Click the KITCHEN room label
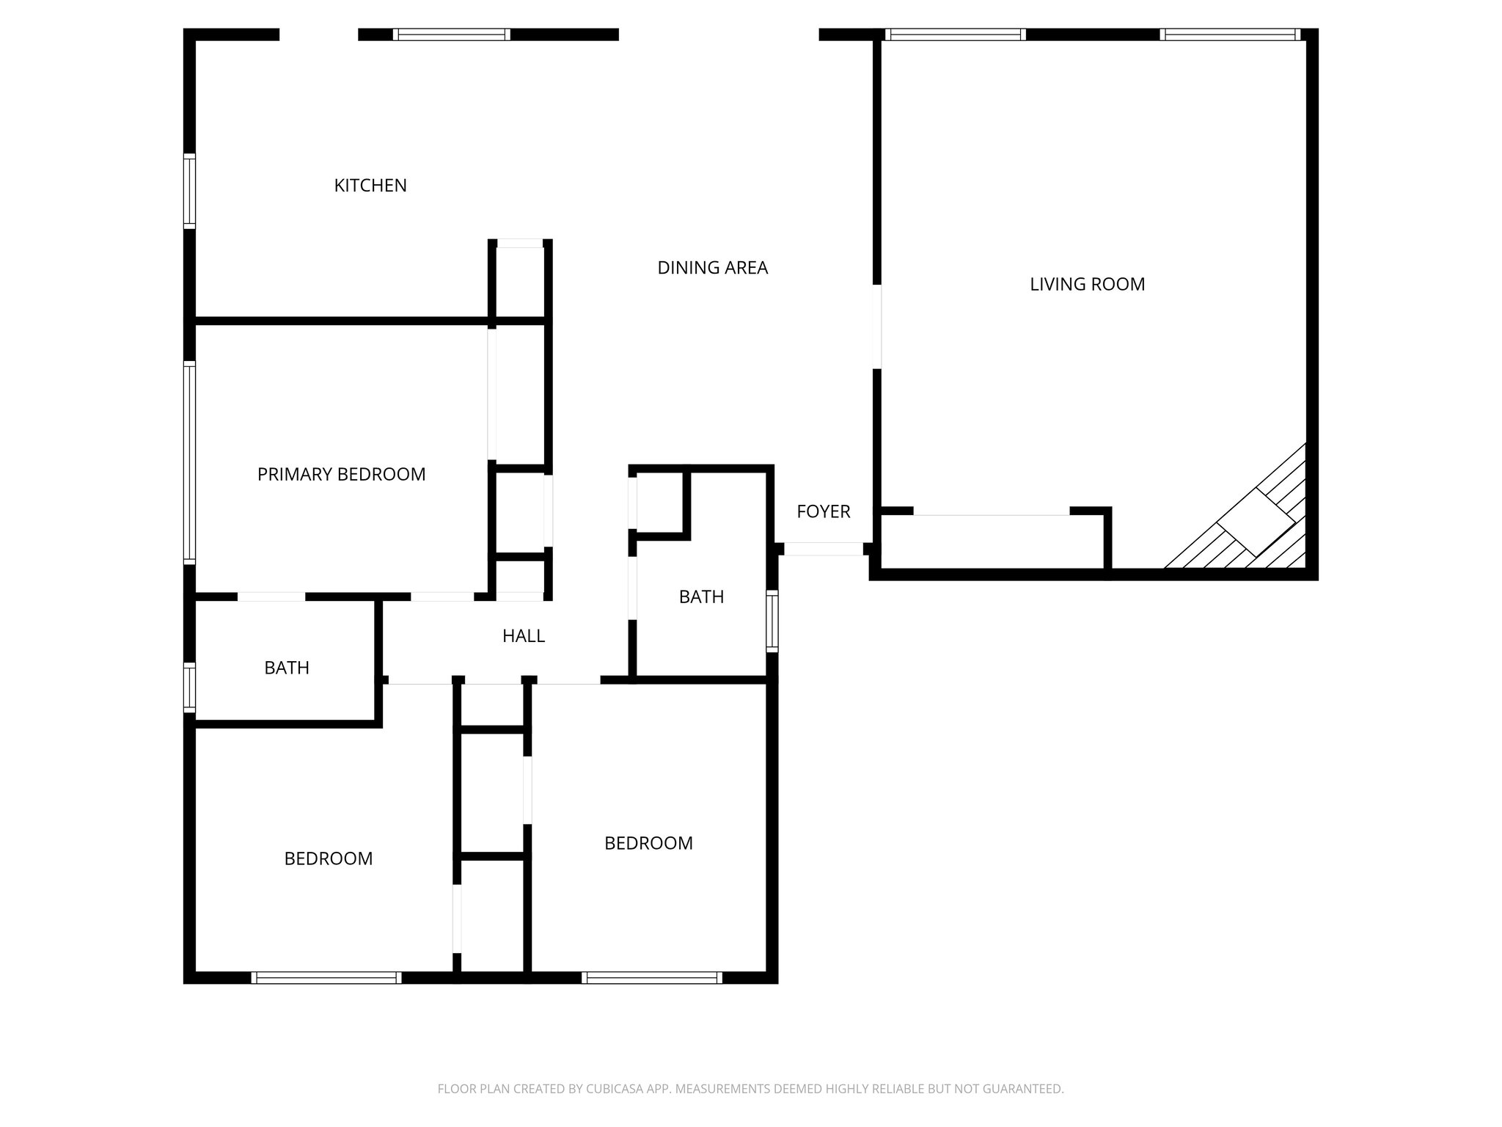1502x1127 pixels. pyautogui.click(x=370, y=186)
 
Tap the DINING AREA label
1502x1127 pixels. pyautogui.click(x=712, y=268)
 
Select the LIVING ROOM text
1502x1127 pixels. pyautogui.click(x=1087, y=284)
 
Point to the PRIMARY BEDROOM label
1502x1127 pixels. pyautogui.click(x=341, y=474)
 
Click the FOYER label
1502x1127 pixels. pyautogui.click(x=823, y=511)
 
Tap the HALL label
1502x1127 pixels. pyautogui.click(x=523, y=636)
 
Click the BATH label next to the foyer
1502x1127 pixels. pyautogui.click(x=701, y=597)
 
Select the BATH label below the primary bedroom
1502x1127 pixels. pyautogui.click(x=286, y=668)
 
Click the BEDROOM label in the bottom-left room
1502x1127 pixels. pyautogui.click(x=328, y=858)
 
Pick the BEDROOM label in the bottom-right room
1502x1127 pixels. pyautogui.click(x=648, y=843)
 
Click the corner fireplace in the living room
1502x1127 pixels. pyautogui.click(x=1256, y=522)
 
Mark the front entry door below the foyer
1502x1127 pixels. pyautogui.click(x=823, y=549)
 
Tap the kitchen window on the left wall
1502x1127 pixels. pyautogui.click(x=189, y=192)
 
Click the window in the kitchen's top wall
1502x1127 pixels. pyautogui.click(x=451, y=34)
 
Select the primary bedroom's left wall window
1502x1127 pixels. pyautogui.click(x=189, y=462)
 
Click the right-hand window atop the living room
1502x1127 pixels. pyautogui.click(x=1230, y=34)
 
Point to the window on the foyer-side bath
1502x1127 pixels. pyautogui.click(x=772, y=621)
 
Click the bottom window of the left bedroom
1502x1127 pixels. pyautogui.click(x=326, y=977)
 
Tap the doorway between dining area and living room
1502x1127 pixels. pyautogui.click(x=876, y=327)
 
